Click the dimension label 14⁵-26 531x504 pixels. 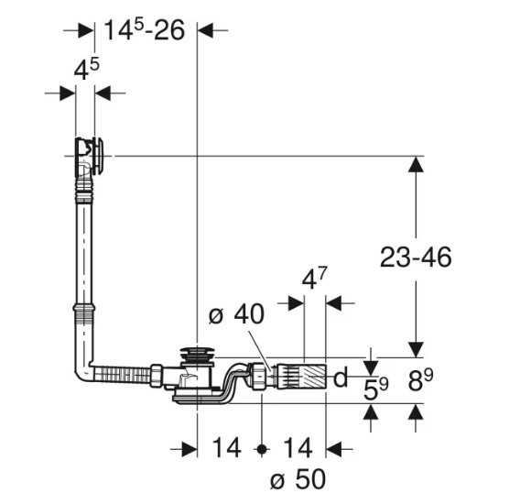coord(145,30)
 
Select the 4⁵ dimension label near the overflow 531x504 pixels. coord(87,69)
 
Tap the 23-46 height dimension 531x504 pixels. coord(416,257)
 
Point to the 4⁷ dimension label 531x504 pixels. coord(315,279)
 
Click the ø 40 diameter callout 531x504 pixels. coord(236,314)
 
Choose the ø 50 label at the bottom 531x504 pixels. coord(298,479)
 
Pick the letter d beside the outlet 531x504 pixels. coord(341,377)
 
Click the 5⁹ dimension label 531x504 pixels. coord(376,389)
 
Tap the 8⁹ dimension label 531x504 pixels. coord(420,380)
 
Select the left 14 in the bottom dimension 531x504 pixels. coord(226,448)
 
